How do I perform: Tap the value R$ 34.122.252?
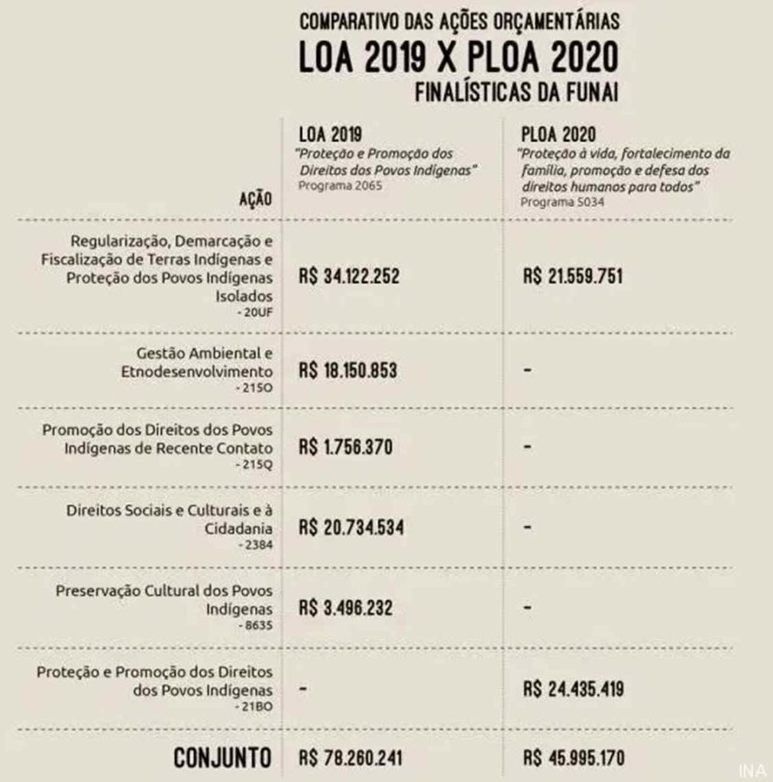349,276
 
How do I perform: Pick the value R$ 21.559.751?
573,276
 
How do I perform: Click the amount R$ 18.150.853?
348,371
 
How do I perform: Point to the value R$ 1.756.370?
345,447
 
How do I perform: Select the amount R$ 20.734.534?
351,528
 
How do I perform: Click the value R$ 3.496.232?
346,608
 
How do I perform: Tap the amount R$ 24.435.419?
573,689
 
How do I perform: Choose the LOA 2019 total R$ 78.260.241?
351,758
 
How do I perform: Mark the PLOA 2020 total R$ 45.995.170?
573,758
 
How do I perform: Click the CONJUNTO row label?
222,758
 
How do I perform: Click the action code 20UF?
254,312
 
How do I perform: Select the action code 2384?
254,544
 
